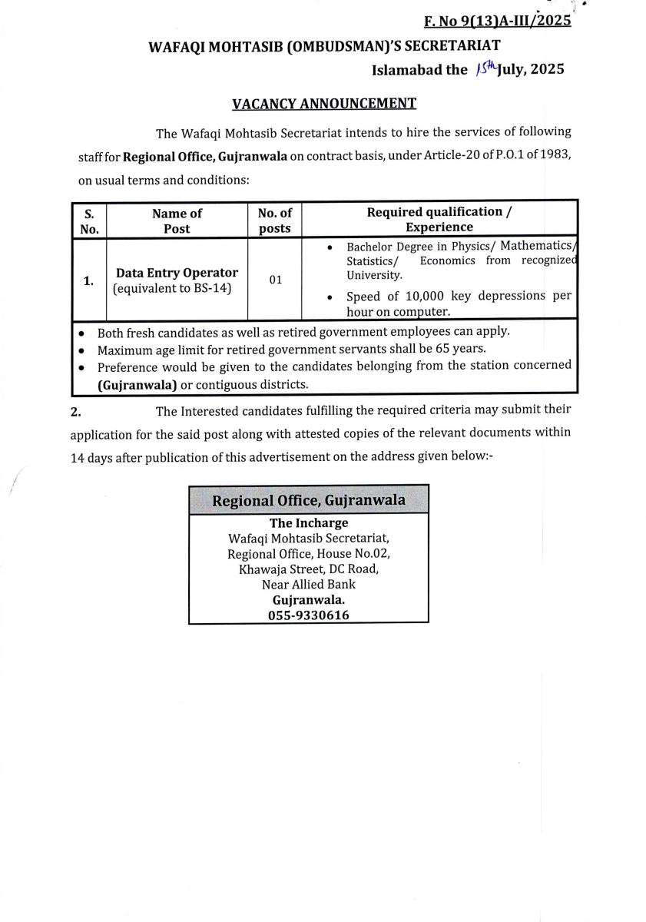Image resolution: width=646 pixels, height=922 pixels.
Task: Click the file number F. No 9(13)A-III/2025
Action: (x=497, y=21)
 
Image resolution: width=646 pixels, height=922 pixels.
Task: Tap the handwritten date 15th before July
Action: (x=485, y=68)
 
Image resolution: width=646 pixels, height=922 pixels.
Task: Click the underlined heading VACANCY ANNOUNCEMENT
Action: (x=324, y=103)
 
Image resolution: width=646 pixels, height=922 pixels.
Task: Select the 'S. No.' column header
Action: (x=89, y=220)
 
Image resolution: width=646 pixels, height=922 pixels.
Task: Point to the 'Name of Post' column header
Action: (x=177, y=220)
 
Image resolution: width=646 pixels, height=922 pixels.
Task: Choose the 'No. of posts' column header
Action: (x=274, y=220)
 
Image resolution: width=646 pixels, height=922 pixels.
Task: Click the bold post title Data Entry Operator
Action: (x=177, y=273)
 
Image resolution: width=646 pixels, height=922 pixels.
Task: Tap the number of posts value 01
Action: (x=275, y=280)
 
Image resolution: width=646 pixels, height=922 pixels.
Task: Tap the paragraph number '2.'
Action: (x=75, y=412)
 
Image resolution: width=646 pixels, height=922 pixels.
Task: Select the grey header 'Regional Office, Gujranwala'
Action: (x=308, y=500)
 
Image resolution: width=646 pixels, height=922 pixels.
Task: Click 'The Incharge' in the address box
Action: (x=308, y=523)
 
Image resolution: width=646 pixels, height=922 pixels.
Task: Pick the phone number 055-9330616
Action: (x=308, y=615)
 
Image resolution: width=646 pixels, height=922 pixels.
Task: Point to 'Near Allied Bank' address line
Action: (x=308, y=584)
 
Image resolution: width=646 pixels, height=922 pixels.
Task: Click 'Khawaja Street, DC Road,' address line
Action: (x=308, y=569)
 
